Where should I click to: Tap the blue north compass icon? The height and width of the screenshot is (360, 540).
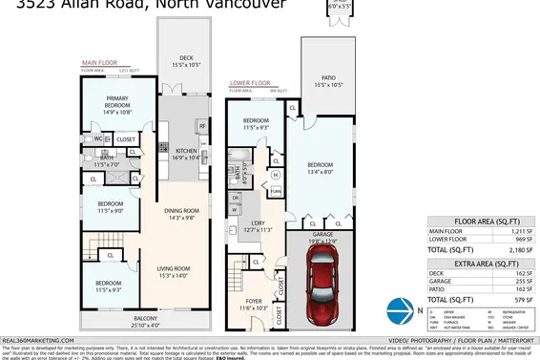(x=397, y=309)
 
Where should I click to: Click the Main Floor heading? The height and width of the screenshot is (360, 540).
(x=98, y=64)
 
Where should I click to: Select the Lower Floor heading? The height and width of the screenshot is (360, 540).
(x=251, y=83)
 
